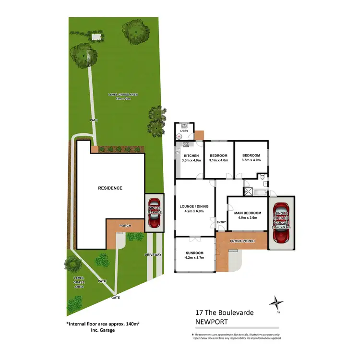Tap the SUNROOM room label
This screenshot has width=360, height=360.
(x=195, y=253)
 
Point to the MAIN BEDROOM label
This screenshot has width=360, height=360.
(x=248, y=213)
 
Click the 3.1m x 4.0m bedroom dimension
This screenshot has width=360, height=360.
(x=218, y=160)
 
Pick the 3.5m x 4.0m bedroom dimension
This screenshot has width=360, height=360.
(x=251, y=160)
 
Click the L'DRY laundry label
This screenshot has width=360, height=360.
(x=183, y=131)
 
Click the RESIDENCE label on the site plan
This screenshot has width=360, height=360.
(x=110, y=188)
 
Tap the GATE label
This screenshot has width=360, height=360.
(x=115, y=298)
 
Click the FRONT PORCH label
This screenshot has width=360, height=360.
(x=241, y=241)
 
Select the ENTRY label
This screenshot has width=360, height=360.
(x=221, y=222)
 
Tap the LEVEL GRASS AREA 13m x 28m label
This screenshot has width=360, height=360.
(x=123, y=97)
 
